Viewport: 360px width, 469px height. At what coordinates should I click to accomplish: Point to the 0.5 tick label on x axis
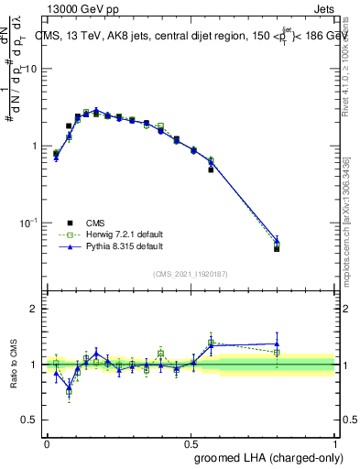[x=191, y=443]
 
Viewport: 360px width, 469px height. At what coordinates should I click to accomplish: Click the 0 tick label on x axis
[x=47, y=443]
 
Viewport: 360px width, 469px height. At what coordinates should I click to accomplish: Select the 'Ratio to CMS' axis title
[x=13, y=365]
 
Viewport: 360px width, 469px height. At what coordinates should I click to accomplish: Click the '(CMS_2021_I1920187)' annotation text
[x=191, y=274]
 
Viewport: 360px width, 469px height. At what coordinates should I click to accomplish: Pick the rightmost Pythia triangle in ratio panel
[x=277, y=344]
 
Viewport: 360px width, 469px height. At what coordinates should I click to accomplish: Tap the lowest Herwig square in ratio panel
[x=69, y=392]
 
